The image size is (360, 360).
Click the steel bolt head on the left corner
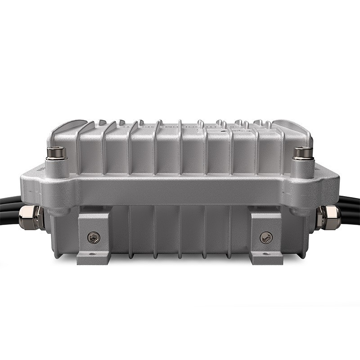click(x=56, y=153)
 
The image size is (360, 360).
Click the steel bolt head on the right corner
click(x=303, y=153)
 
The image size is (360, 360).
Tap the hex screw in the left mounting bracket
click(x=94, y=237)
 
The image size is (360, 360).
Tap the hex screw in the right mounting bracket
click(x=266, y=237)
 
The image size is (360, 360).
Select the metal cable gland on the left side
click(x=31, y=217)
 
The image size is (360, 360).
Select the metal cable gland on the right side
click(x=328, y=217)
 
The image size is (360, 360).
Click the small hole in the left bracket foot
click(x=93, y=255)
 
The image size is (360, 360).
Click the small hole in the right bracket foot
click(x=266, y=255)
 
